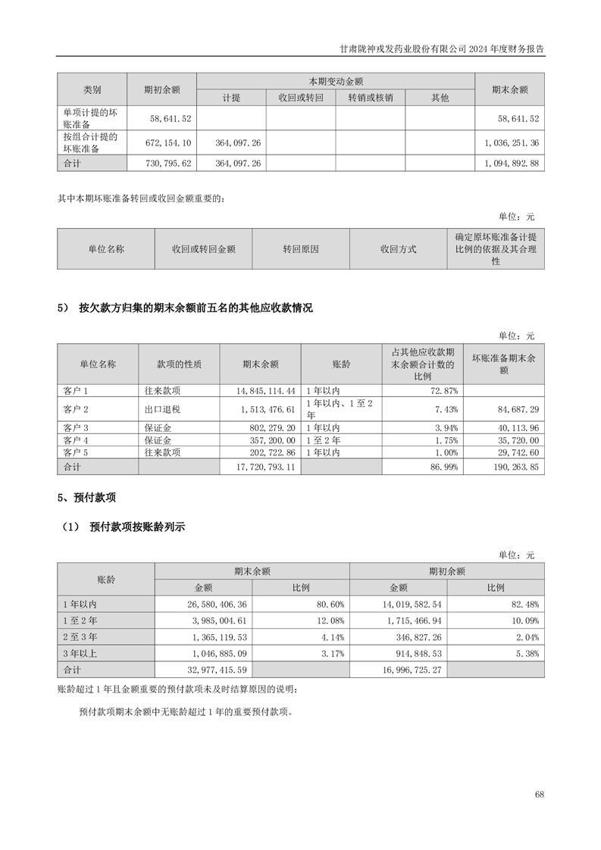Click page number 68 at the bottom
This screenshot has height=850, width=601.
[539, 794]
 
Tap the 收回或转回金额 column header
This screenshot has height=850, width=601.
[203, 248]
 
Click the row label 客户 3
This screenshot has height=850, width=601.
[77, 428]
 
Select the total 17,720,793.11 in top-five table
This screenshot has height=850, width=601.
[260, 467]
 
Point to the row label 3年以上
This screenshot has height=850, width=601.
[79, 654]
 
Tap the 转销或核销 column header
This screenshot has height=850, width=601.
[371, 98]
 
